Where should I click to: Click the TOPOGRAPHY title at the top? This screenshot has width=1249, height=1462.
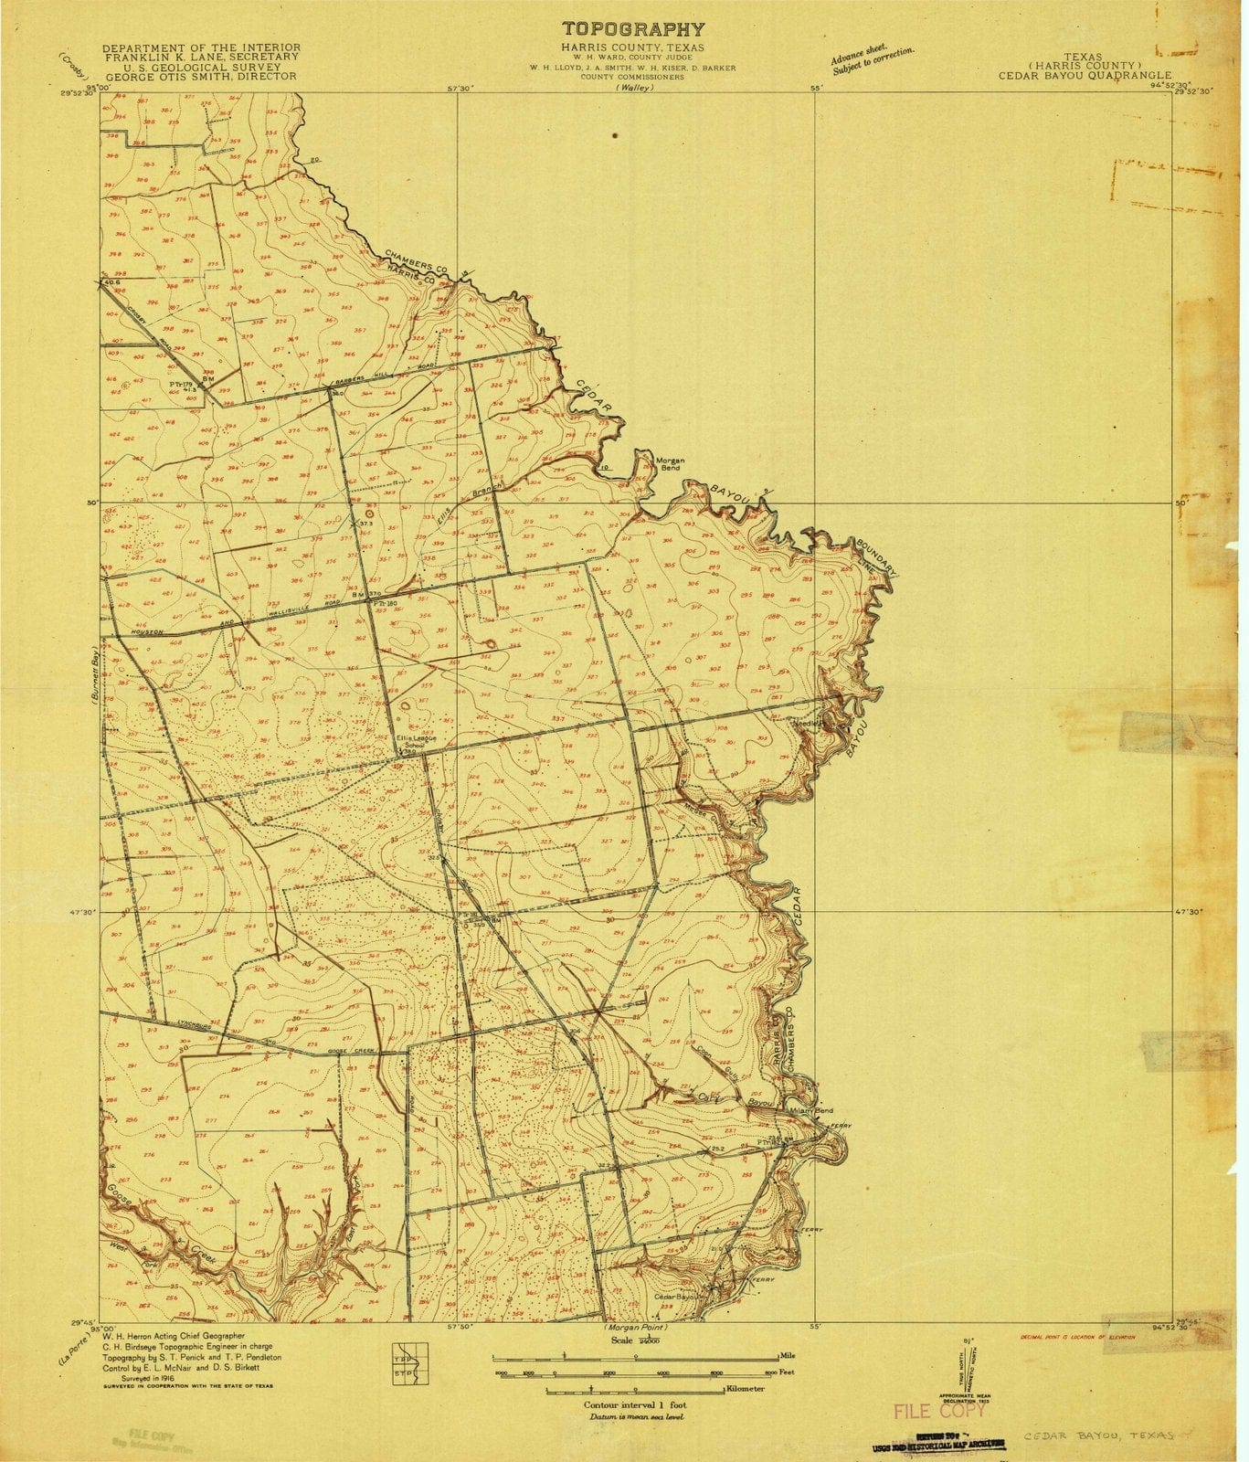click(x=633, y=29)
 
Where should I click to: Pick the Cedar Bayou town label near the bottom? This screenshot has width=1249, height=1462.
click(x=677, y=1297)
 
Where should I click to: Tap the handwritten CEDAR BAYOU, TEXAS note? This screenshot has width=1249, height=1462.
click(x=1098, y=1436)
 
